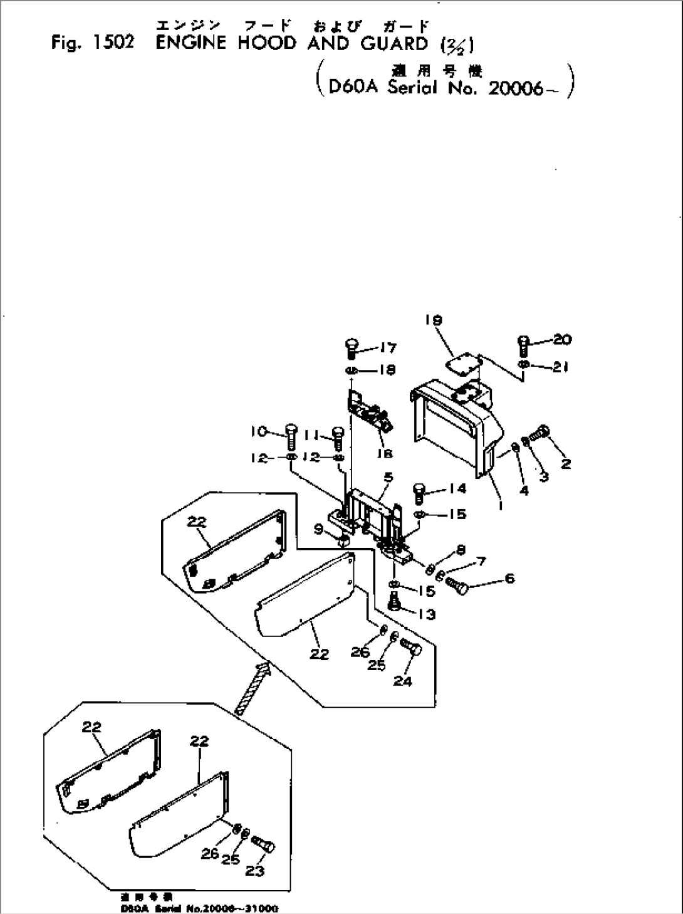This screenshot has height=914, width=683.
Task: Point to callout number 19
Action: [434, 320]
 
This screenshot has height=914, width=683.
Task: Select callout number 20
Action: [562, 340]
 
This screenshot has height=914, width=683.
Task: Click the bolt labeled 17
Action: [352, 347]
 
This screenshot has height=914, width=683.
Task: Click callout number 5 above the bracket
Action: [388, 477]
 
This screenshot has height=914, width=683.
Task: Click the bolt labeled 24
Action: [412, 648]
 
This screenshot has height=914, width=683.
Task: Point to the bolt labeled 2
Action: [541, 433]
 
